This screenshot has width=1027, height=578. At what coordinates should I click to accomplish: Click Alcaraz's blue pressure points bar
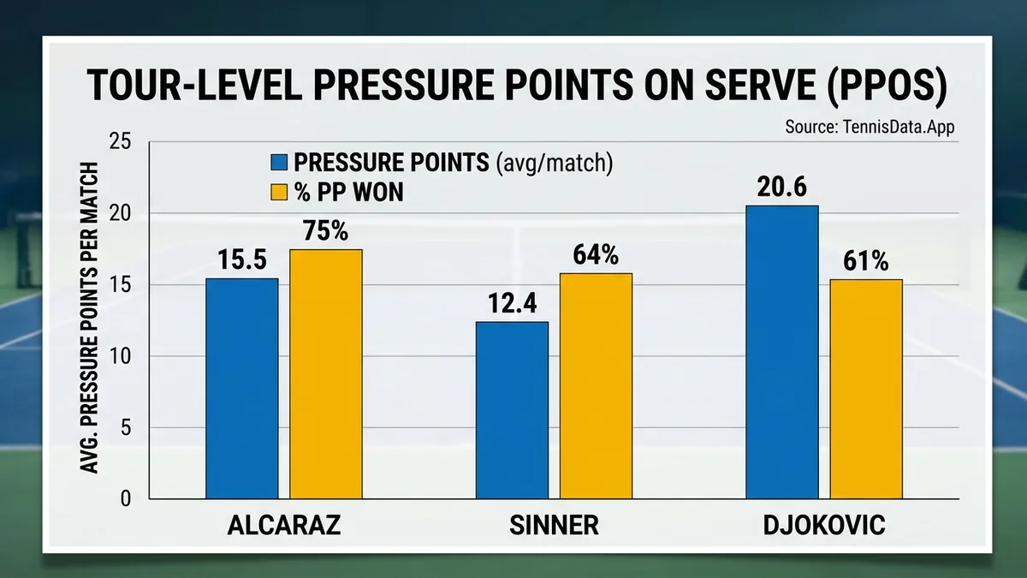[242, 389]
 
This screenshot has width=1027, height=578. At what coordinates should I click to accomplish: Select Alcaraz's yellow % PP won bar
[326, 374]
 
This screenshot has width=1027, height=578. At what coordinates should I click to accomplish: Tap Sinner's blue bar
[512, 410]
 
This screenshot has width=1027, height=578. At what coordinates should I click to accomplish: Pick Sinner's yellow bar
[596, 386]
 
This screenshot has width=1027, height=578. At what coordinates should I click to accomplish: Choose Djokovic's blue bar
[781, 352]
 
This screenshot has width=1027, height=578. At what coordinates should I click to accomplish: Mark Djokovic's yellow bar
[866, 389]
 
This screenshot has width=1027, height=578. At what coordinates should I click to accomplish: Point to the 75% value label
[326, 232]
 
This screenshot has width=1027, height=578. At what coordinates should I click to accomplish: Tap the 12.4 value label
[512, 305]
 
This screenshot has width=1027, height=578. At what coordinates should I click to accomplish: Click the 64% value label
[596, 256]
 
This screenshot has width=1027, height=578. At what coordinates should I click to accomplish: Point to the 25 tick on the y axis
[121, 142]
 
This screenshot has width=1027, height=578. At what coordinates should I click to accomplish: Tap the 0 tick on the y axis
[126, 499]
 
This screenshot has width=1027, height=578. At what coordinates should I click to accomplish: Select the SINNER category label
[554, 526]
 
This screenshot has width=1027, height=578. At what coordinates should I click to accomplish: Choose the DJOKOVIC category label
[823, 526]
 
